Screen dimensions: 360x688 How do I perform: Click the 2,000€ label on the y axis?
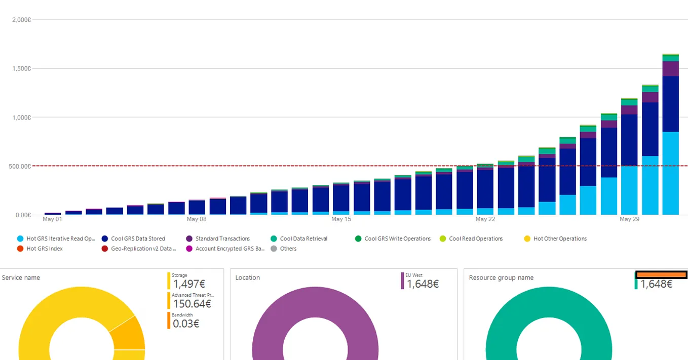[x=21, y=20]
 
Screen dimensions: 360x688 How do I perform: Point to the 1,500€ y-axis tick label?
[x=21, y=68]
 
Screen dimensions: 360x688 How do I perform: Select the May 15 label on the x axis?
[x=341, y=219]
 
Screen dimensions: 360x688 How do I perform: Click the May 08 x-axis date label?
[x=197, y=219]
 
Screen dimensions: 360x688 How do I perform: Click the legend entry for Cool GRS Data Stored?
[x=138, y=238]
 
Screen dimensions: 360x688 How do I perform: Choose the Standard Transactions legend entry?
[x=222, y=238]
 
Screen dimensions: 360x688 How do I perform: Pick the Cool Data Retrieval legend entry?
[x=303, y=238]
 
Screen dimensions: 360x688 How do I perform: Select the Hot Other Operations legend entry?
[x=560, y=238]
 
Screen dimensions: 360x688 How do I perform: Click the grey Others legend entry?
[x=288, y=249]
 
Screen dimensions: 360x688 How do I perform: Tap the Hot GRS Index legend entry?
[x=45, y=249]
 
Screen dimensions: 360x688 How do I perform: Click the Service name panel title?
[x=21, y=277]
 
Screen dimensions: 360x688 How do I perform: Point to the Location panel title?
[x=248, y=277]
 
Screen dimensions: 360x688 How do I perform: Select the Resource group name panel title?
[x=501, y=277]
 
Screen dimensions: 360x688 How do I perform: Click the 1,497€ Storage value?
[x=189, y=284]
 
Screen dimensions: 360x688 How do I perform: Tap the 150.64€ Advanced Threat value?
[x=192, y=304]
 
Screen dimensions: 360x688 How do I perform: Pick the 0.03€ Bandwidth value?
[x=186, y=324]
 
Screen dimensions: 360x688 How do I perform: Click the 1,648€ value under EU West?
[x=423, y=284]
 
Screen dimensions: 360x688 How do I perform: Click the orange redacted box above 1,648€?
[x=661, y=274]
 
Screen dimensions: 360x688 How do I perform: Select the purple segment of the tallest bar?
[x=670, y=69]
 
